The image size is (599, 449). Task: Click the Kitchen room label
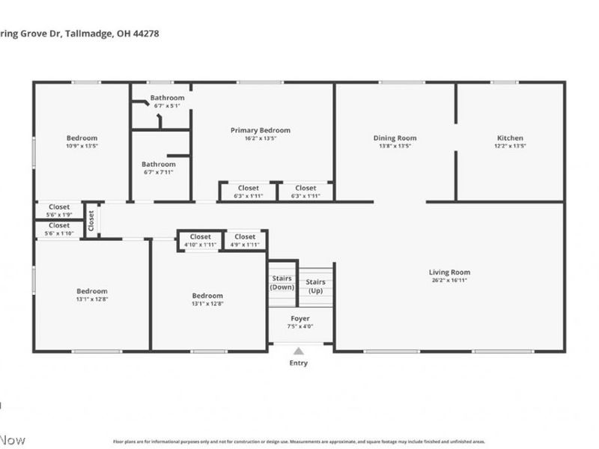coord(510,138)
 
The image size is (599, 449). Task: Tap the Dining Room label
coord(395,138)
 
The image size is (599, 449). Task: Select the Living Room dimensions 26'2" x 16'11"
coord(449,281)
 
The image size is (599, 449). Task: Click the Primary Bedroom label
coord(260,130)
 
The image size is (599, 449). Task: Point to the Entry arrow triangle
coord(298,351)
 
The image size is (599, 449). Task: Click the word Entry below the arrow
coord(298,363)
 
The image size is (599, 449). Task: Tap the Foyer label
coord(299,318)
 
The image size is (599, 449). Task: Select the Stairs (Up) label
coord(315,286)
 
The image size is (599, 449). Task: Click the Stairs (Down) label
coord(282,282)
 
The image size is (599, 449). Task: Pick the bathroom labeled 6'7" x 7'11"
coord(159,168)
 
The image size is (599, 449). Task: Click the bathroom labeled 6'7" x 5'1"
coord(167,101)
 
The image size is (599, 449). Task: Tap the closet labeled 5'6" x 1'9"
coord(59,210)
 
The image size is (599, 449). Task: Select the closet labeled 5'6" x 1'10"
coord(59,228)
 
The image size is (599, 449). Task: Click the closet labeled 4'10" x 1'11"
coord(200,240)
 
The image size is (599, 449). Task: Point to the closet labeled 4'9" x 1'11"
coord(244,240)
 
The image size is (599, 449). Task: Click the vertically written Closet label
coord(91,220)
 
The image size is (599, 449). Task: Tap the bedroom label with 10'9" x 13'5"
coord(82,141)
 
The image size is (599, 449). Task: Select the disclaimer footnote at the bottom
coord(299,442)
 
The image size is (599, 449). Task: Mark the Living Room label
coord(449,272)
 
